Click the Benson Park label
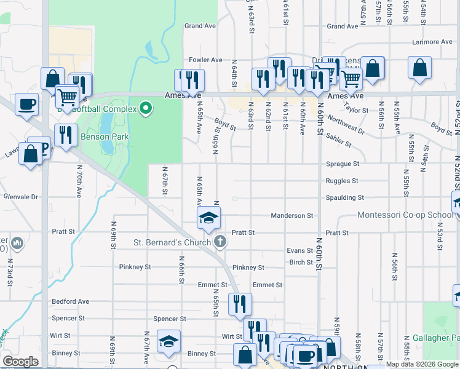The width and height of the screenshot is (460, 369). (x=101, y=138)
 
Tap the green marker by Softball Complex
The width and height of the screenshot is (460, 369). (x=146, y=109)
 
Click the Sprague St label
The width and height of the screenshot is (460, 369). (x=343, y=164)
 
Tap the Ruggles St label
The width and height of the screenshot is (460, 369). (x=343, y=181)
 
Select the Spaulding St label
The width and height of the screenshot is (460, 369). (x=344, y=198)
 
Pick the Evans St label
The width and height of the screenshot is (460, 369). (x=300, y=251)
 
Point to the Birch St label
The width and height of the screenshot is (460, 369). (x=301, y=262)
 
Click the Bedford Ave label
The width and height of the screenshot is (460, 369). (x=71, y=301)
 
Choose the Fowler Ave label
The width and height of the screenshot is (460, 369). (x=205, y=60)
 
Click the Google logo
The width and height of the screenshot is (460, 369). (x=20, y=362)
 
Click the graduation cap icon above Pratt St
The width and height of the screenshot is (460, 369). (x=208, y=217)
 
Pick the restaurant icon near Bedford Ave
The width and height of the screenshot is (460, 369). (x=240, y=303)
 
